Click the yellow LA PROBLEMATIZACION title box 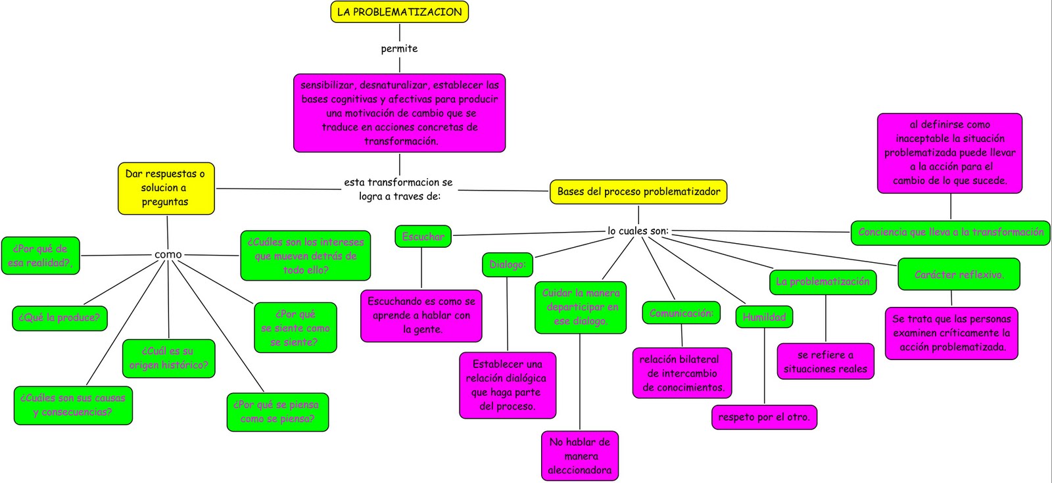coord(399,12)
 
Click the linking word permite coord(399,49)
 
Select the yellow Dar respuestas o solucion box coord(166,188)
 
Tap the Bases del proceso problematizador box coord(638,192)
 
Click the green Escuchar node coord(423,237)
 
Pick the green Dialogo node coord(507,264)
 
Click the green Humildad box coord(764,317)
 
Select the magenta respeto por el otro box coord(763,417)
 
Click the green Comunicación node coord(681,313)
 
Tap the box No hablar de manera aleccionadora coord(580,456)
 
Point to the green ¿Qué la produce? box coord(59,318)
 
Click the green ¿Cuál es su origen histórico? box coord(168,358)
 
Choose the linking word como coord(168,254)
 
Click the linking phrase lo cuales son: coord(637,231)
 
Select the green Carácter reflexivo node coord(959,275)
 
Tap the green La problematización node coord(822,282)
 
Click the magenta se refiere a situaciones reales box coord(825,362)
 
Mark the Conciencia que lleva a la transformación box coord(950,233)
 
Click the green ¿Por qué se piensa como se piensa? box coord(277,412)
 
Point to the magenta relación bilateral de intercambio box coord(682,373)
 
